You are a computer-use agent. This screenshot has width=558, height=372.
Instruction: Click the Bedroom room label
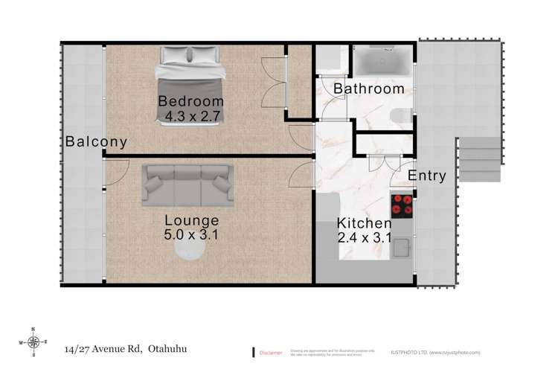pos(190,101)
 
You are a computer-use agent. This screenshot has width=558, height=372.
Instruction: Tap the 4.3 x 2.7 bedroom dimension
pos(190,116)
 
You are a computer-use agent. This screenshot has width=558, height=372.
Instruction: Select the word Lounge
pos(192,220)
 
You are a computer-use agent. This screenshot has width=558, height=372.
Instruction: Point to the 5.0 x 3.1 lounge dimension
pos(192,235)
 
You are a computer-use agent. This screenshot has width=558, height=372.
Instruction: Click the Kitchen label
pos(364,223)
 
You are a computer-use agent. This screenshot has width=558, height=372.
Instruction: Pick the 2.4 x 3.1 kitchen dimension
pos(364,238)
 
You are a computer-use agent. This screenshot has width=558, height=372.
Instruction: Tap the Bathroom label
pos(368,89)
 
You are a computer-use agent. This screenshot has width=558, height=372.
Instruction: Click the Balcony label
pos(95,141)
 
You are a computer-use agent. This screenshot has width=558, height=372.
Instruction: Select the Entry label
pos(427,176)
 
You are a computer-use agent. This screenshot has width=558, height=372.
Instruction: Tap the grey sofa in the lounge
pos(187,184)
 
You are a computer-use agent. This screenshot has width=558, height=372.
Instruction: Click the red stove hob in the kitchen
pos(403,205)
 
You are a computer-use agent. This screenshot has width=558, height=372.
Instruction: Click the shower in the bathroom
pos(380,60)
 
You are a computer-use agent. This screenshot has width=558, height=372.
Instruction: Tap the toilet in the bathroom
pos(402,115)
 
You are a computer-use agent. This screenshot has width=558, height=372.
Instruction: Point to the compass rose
pos(33,342)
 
